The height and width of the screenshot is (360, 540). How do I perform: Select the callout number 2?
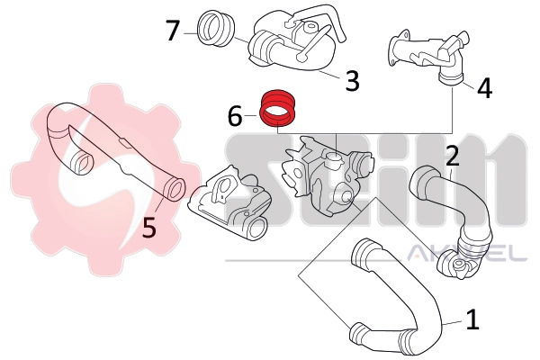(x=453, y=156)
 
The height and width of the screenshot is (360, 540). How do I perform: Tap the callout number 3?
(x=352, y=80)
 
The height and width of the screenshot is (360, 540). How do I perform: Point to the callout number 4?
(x=484, y=88)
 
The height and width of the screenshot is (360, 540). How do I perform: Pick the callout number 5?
(x=149, y=229)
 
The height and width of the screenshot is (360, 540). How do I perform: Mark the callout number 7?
(x=174, y=31)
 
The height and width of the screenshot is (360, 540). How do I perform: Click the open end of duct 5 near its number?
(x=174, y=189)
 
